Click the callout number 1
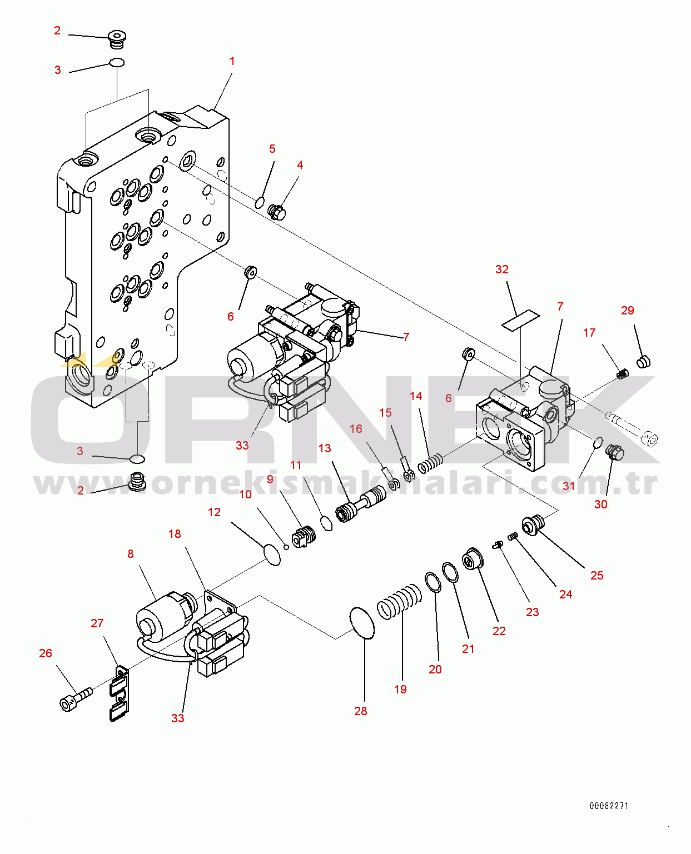coord(232,61)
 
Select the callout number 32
coord(501,269)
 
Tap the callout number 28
coord(360,711)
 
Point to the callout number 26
coord(46,653)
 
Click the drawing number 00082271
coord(609,806)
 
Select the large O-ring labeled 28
coord(362,622)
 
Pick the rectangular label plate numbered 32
coord(521,320)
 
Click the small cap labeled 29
coord(643,362)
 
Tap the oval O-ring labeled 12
coord(272,555)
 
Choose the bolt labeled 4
coord(277,212)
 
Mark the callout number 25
coord(596,576)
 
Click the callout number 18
coord(175,534)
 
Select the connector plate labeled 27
coord(118,695)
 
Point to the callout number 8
coord(131,554)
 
